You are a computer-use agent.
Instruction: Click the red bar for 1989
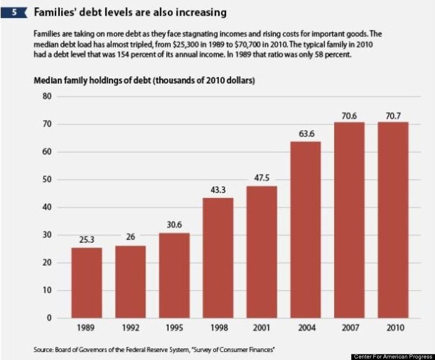[87, 283]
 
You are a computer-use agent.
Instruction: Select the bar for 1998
[218, 258]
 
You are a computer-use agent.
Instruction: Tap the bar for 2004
[305, 230]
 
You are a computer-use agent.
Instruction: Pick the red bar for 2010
[393, 220]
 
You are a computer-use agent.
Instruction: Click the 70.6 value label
[349, 116]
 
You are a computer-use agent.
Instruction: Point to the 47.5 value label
[262, 178]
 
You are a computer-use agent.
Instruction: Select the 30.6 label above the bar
[174, 224]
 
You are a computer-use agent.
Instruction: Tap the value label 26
[130, 237]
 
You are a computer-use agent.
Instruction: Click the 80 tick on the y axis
[47, 96]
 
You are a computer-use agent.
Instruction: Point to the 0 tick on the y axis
[49, 318]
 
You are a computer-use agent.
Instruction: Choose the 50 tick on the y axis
[47, 179]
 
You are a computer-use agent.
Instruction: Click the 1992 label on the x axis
[130, 328]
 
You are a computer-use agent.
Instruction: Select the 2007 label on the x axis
[351, 328]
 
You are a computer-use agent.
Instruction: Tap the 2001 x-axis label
[261, 328]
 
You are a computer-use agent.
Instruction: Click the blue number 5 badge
[14, 13]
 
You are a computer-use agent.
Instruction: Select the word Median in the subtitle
[47, 81]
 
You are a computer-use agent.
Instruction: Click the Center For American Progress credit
[393, 357]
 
